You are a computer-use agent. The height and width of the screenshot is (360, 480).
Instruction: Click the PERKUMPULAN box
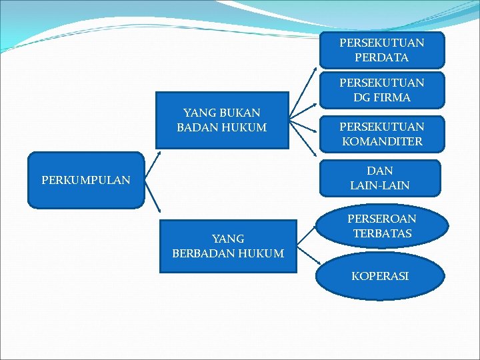(85, 180)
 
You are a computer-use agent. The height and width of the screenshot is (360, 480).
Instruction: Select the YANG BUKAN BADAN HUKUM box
(222, 120)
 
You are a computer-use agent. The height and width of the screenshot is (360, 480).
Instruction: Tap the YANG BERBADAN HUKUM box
(227, 246)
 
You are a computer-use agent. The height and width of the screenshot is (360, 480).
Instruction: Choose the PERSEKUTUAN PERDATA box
(381, 50)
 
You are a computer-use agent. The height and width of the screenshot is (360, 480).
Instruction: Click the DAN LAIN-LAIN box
(379, 178)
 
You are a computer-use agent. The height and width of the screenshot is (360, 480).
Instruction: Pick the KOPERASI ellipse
(379, 275)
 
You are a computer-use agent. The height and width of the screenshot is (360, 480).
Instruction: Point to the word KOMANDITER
(382, 141)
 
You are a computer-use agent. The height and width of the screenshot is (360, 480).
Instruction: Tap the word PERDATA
(382, 57)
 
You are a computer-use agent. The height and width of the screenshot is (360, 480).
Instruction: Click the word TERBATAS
(383, 234)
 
